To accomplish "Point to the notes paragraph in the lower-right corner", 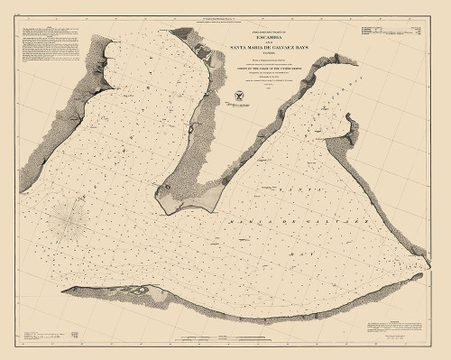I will pos(388,334).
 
